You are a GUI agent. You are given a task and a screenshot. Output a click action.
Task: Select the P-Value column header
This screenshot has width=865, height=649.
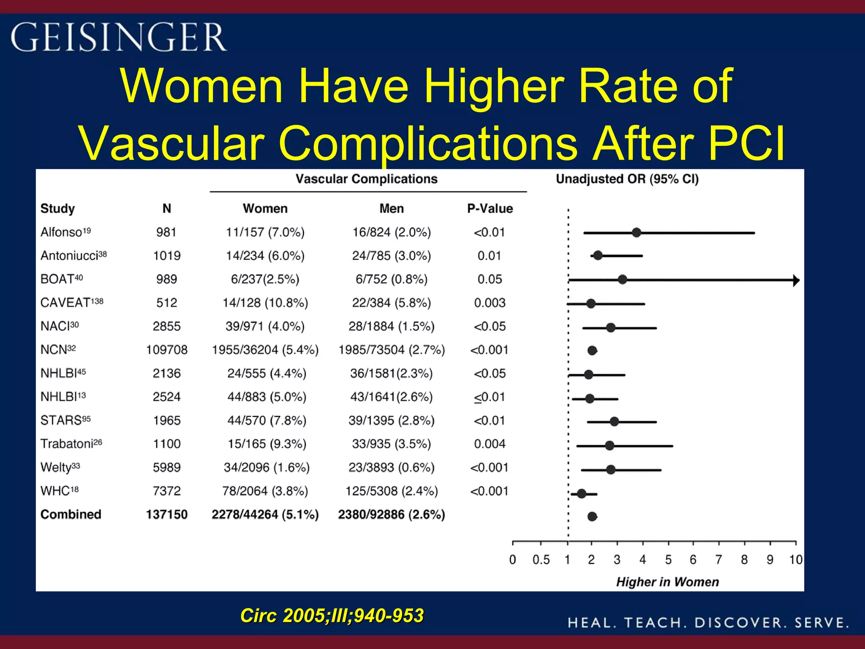(490, 208)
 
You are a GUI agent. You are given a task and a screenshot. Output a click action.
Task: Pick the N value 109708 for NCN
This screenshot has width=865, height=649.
(166, 350)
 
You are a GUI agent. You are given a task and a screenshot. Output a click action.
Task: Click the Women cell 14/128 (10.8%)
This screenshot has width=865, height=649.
(265, 303)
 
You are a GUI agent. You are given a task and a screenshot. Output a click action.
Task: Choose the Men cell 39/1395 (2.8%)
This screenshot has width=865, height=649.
(391, 420)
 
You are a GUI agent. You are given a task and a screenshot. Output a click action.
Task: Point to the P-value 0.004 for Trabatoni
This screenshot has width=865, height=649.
(490, 444)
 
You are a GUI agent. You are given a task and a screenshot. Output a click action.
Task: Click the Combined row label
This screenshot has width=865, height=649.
(71, 514)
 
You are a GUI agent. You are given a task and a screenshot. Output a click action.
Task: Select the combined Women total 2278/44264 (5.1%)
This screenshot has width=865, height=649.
(265, 514)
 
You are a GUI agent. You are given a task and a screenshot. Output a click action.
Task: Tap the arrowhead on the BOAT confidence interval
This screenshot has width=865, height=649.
(796, 280)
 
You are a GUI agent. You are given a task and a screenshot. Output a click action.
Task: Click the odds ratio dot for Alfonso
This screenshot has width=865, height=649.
(636, 232)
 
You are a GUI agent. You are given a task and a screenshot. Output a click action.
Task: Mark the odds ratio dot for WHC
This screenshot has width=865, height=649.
(582, 494)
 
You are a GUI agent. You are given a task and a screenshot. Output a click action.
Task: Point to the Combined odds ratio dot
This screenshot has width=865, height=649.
(592, 516)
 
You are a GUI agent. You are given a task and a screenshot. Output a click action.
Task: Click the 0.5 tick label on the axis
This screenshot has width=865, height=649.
(541, 560)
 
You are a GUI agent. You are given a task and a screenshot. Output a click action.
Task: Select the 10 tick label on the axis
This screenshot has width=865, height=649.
(796, 560)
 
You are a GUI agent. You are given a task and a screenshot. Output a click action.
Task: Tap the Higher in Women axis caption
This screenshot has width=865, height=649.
(667, 582)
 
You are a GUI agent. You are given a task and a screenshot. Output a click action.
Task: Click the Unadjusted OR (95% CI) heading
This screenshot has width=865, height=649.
(627, 179)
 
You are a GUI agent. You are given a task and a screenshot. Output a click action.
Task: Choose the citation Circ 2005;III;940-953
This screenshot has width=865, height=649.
(332, 616)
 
